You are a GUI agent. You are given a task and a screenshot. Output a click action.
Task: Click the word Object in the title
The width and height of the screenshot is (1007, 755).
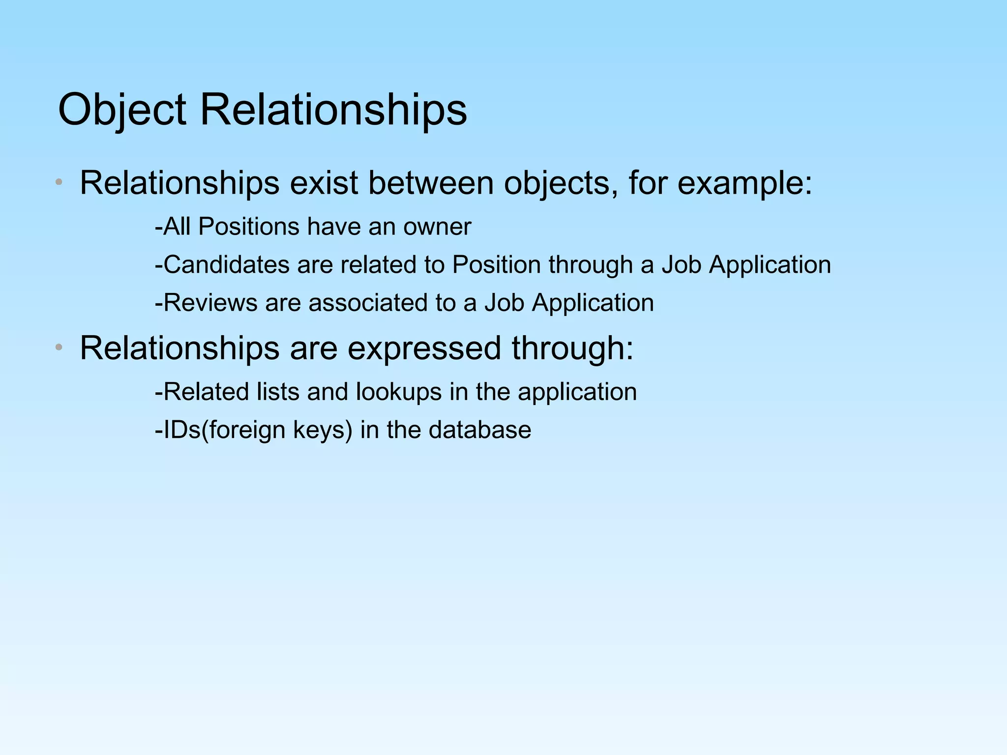pyautogui.click(x=122, y=110)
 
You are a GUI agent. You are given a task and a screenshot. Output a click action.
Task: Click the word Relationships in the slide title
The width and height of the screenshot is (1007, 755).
pyautogui.click(x=333, y=110)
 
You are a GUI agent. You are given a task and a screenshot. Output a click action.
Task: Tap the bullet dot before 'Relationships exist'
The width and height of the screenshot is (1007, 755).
pyautogui.click(x=59, y=183)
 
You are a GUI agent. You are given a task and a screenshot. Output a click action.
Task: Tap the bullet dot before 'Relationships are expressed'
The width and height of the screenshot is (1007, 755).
pyautogui.click(x=59, y=348)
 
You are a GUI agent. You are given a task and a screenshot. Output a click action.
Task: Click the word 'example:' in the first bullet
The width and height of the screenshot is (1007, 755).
pyautogui.click(x=745, y=183)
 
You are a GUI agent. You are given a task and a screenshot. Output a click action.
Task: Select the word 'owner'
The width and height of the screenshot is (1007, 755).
pyautogui.click(x=437, y=227)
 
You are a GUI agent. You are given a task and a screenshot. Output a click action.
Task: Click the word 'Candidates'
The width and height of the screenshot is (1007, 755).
pyautogui.click(x=226, y=265)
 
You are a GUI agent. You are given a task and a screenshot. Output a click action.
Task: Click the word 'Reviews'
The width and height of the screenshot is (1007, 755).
pyautogui.click(x=210, y=303)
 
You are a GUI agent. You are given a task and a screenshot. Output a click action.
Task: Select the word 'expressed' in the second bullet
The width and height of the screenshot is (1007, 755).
pyautogui.click(x=424, y=348)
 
